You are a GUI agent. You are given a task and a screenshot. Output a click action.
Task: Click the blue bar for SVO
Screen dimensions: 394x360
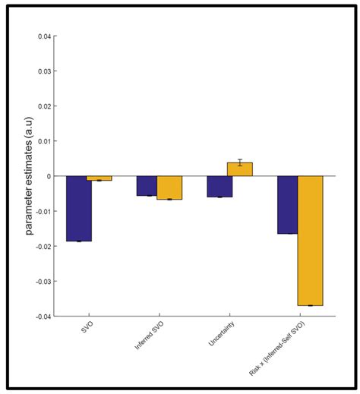[x=79, y=209]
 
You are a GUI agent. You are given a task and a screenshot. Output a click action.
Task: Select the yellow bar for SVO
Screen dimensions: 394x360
[x=99, y=178]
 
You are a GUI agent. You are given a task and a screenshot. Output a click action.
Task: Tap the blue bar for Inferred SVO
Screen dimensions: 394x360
[x=147, y=186]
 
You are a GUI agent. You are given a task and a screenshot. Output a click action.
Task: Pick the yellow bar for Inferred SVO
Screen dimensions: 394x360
[x=169, y=188]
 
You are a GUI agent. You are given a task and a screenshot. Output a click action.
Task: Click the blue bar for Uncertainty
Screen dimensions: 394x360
[x=219, y=187]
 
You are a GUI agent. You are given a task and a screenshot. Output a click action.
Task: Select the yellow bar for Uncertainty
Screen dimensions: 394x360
[x=240, y=169]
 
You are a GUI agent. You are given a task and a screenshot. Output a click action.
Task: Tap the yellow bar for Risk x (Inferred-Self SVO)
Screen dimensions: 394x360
[x=310, y=241]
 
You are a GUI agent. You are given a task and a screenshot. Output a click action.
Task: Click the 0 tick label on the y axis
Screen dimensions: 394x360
[x=50, y=176]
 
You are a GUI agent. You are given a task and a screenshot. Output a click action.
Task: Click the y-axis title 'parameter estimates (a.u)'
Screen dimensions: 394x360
[x=29, y=177]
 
